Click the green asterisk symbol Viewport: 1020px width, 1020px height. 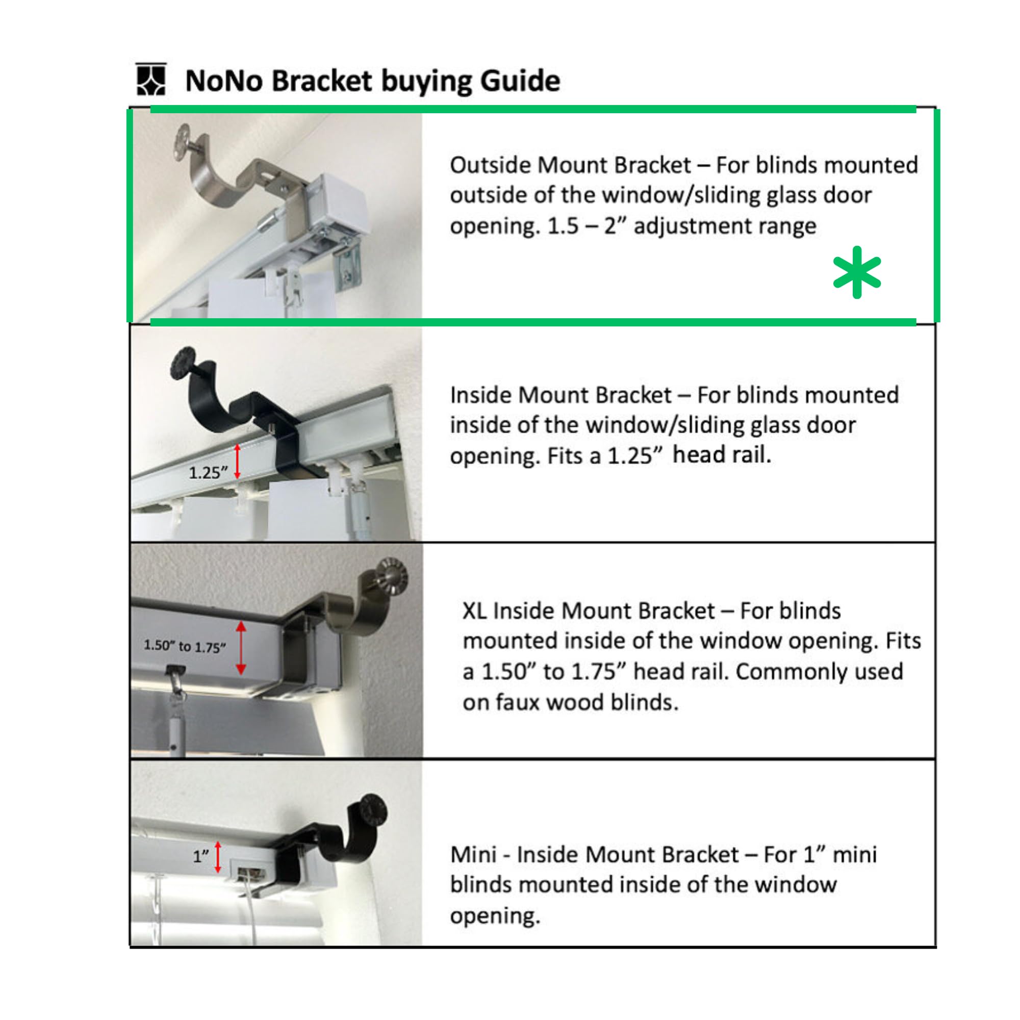point(856,272)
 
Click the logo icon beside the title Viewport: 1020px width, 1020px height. point(151,80)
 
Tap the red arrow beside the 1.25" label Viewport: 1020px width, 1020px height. point(238,462)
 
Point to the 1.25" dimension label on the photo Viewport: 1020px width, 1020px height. point(208,473)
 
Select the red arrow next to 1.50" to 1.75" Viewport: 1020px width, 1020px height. point(241,648)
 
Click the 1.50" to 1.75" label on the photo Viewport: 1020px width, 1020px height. point(184,646)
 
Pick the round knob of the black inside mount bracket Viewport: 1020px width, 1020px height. point(183,362)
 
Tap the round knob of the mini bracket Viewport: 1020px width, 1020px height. point(371,812)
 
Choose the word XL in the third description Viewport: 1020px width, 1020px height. point(474,611)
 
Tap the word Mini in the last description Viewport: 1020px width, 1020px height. point(473,855)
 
